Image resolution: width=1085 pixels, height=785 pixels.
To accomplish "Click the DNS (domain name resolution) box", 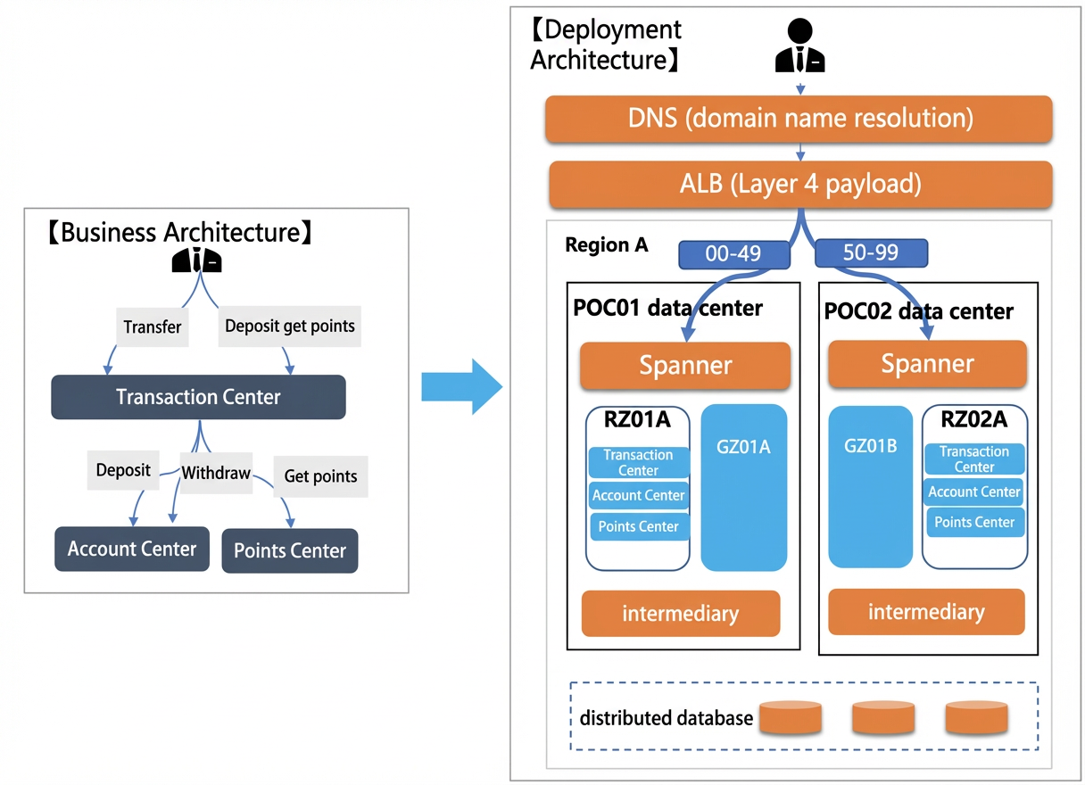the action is [799, 119].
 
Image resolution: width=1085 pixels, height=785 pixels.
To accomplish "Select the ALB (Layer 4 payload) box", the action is [800, 185].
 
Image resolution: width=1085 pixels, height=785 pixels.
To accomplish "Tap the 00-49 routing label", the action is [734, 254].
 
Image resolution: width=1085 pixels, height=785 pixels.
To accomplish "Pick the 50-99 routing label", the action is [872, 252].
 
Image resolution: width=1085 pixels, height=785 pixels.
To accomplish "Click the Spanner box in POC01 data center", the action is [685, 366].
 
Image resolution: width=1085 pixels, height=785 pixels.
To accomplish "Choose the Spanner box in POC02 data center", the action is [928, 364].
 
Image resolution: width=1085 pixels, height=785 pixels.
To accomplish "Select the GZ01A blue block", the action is [744, 488].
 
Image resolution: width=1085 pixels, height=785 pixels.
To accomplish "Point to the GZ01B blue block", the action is [871, 487].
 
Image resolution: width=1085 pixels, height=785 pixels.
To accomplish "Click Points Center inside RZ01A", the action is [639, 526].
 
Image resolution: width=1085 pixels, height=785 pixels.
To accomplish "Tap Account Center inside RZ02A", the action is [974, 492].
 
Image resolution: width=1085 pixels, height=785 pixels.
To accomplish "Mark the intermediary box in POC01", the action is [681, 614].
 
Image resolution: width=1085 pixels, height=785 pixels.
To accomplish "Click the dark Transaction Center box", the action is [199, 397].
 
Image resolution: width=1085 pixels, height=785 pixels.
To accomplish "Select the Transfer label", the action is [153, 326].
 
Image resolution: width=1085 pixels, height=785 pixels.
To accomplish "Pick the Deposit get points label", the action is [290, 326].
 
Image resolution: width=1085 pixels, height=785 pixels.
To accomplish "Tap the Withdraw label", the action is [216, 473].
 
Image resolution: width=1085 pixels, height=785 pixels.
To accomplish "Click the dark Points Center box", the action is [290, 551].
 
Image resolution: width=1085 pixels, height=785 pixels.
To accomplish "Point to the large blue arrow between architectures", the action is [462, 387].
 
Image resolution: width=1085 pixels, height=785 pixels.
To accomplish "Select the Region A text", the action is [607, 245].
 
